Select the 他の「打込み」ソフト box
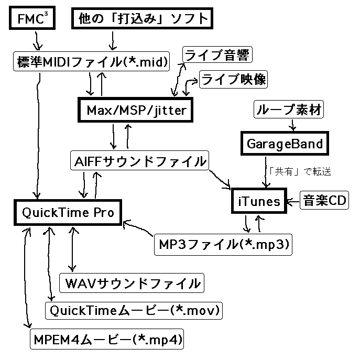click(x=143, y=20)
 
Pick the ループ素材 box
click(x=288, y=110)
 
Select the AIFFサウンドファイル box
click(x=139, y=161)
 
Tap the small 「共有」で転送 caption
click(x=299, y=171)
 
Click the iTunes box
click(x=259, y=201)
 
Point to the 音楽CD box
click(x=323, y=201)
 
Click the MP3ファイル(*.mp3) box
click(x=222, y=244)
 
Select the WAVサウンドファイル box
click(x=132, y=283)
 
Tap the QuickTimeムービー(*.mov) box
click(x=134, y=310)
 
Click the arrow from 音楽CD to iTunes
click(x=292, y=201)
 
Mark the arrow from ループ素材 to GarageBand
click(x=292, y=126)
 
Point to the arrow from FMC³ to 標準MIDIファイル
click(x=37, y=40)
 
